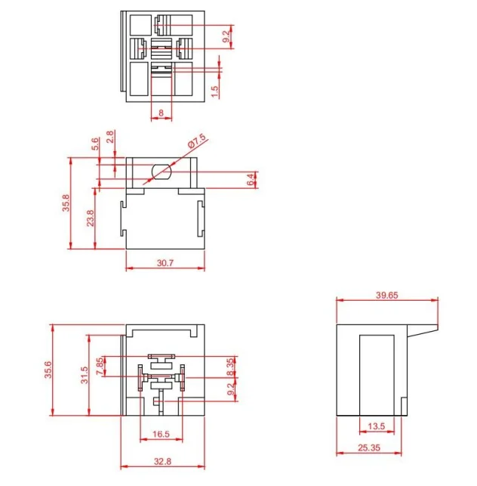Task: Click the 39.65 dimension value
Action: [x=386, y=295]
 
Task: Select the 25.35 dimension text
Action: [x=369, y=447]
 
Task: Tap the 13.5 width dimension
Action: [x=376, y=426]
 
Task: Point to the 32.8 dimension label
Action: [x=162, y=462]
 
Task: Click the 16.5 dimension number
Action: [x=161, y=434]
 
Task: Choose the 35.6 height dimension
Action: [x=48, y=370]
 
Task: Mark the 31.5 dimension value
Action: [x=85, y=375]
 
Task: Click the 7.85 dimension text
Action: [x=100, y=367]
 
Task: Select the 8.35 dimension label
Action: [x=231, y=367]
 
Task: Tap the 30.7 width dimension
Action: [x=165, y=263]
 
